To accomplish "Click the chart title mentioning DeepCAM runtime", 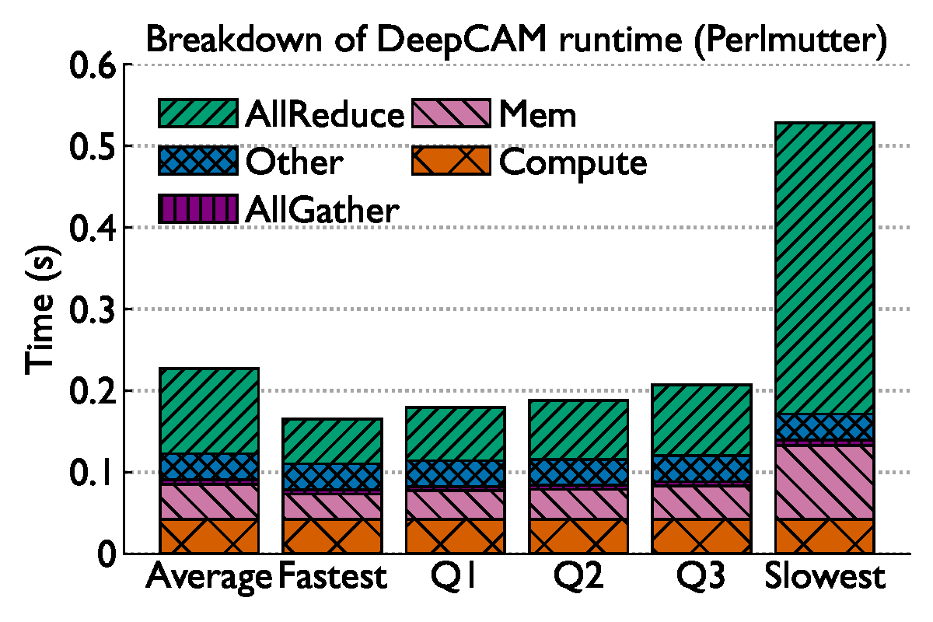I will click(515, 40).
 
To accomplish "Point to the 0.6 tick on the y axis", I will click(93, 65).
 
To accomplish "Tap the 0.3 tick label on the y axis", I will click(93, 309).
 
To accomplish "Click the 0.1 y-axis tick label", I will click(93, 473).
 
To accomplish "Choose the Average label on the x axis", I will click(209, 578).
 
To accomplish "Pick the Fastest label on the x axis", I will click(332, 578).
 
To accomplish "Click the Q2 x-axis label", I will click(578, 578).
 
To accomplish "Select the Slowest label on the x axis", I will click(825, 578).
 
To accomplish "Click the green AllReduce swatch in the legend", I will click(197, 114).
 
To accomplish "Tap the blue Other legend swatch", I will click(197, 162).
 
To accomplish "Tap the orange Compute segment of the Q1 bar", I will click(456, 536).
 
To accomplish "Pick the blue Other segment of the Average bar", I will click(209, 467).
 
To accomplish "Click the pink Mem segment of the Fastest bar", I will click(332, 506).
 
